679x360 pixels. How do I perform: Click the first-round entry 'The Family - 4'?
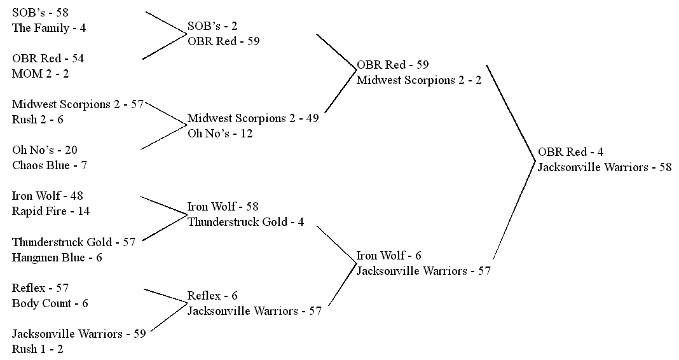[49, 28]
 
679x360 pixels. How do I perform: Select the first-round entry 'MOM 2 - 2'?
[41, 74]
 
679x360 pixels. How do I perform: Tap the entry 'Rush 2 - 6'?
[38, 120]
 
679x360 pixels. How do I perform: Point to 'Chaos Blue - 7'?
[50, 165]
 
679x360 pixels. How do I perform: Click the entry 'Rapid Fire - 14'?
[51, 211]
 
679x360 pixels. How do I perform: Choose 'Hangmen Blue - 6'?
[57, 258]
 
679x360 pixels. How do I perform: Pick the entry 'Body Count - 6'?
[50, 303]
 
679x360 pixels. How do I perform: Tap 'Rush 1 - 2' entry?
[38, 349]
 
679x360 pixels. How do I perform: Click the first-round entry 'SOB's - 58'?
[40, 13]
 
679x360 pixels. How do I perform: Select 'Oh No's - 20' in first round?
[45, 150]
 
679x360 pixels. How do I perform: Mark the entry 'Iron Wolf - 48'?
[48, 196]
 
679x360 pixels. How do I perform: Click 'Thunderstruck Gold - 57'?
[74, 242]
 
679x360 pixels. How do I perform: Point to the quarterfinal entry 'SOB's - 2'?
[212, 26]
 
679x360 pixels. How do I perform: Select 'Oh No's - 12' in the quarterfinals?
[219, 134]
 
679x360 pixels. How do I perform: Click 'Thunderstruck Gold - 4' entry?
[245, 222]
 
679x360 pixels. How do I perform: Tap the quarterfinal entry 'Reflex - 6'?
[212, 296]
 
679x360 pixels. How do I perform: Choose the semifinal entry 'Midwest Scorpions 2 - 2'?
[419, 80]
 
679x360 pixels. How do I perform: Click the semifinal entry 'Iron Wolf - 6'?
[388, 256]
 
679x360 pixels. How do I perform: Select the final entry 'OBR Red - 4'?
[570, 152]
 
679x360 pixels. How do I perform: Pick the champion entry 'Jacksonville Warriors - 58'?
[605, 167]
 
